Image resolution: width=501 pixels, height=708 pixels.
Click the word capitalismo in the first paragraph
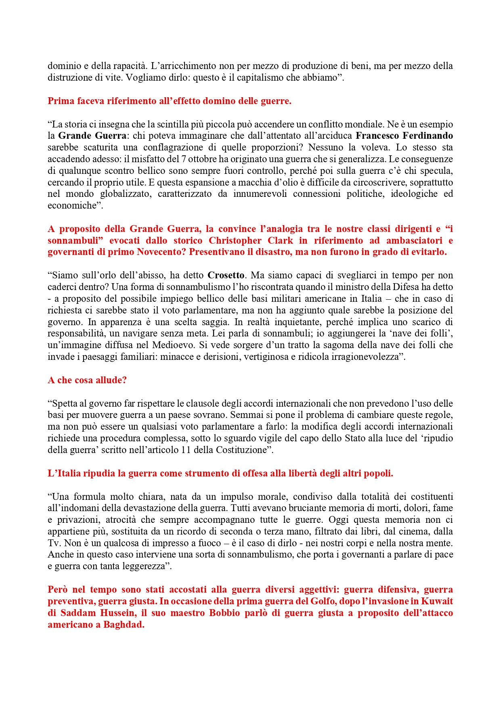pos(261,78)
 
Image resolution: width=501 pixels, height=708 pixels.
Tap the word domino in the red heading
pos(216,101)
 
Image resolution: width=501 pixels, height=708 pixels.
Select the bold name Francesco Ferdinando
pos(404,136)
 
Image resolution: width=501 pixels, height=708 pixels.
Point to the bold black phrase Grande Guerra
pos(92,136)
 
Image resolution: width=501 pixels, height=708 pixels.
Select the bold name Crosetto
pos(226,276)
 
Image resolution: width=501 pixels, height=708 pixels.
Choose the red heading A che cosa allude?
pos(87,380)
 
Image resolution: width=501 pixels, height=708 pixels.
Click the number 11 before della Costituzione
pos(186,450)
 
